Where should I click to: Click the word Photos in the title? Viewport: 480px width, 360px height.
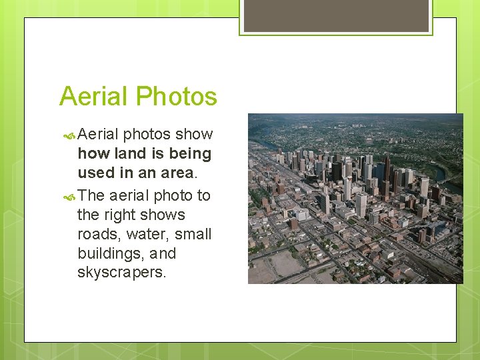[178, 97]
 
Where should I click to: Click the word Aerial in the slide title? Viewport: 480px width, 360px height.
[93, 97]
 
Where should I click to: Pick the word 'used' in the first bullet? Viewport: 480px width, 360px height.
[96, 173]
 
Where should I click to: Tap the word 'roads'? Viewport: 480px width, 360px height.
[97, 234]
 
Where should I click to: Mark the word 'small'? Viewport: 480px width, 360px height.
[193, 234]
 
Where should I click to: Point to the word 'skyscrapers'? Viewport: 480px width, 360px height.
[121, 273]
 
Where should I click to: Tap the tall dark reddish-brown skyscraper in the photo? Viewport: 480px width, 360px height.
[387, 169]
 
